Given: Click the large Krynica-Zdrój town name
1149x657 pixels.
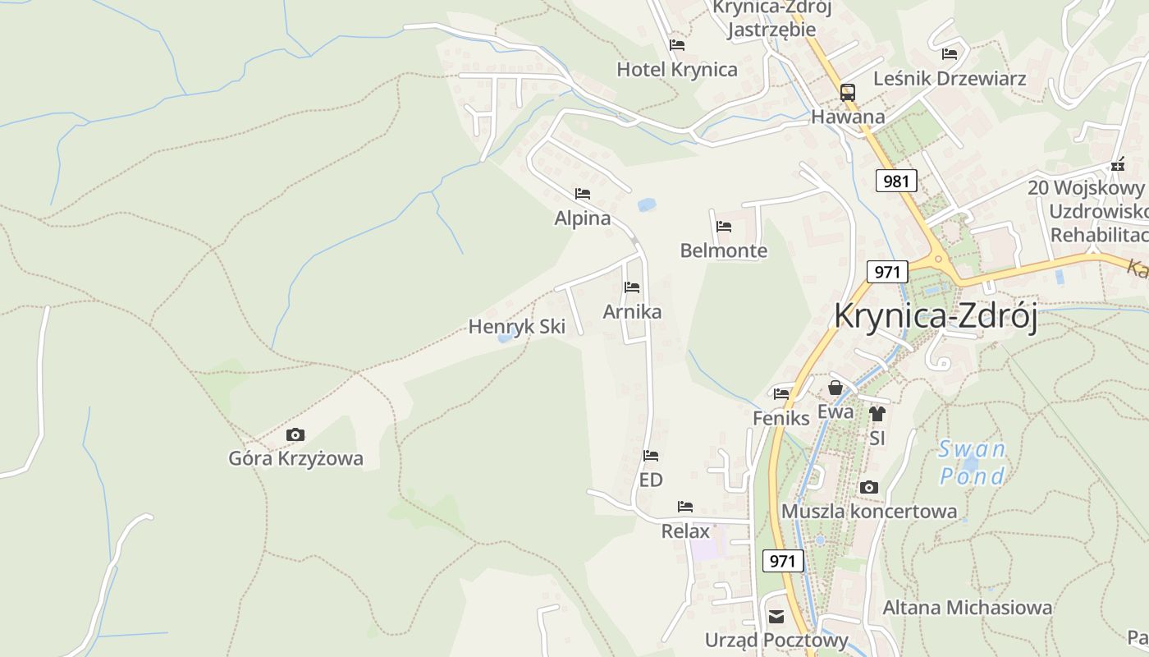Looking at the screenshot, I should pos(936,316).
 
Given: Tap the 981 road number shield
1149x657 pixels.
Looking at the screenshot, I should pos(895,181).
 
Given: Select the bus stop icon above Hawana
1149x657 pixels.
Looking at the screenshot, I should pos(848,93).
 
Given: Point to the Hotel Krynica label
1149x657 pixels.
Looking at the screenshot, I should pos(677,70).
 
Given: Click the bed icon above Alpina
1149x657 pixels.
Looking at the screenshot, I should pos(583,195).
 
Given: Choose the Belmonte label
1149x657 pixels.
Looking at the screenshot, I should pos(723,250).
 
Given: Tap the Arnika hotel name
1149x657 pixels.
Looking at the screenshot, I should pos(632,312).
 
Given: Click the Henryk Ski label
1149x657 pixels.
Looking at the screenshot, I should pos(516,327).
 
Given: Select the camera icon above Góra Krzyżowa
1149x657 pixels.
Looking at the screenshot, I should pos(295,435).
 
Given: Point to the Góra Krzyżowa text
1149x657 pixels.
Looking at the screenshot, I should pos(295,458).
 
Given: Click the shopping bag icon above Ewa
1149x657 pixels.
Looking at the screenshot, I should pos(835,388).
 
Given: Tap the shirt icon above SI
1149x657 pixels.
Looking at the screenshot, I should pos(877,414).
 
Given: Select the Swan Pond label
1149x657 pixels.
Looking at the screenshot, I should pos(973,462).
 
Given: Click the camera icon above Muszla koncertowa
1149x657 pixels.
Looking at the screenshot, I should pos(869,488).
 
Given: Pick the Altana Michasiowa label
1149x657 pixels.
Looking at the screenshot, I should pos(967,608).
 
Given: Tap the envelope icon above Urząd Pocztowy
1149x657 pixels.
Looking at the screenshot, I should pos(776,617).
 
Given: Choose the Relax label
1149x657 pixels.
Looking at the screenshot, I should pos(685,531).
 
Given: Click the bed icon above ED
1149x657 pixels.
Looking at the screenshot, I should pos(651,456).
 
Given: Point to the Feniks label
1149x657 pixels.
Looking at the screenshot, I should pos(780,418).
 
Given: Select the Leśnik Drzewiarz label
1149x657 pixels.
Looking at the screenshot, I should pos(950,79).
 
